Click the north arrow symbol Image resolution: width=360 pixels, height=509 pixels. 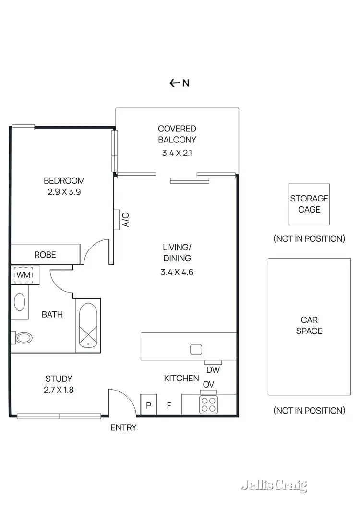[x=175, y=83]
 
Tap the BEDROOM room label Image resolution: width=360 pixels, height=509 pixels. [x=64, y=181]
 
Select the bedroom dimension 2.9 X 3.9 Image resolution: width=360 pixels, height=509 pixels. [x=64, y=192]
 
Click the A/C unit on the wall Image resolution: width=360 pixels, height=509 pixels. [x=117, y=219]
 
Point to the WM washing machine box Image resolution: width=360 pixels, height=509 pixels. [x=23, y=275]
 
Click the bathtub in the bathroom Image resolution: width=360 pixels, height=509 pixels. [x=88, y=325]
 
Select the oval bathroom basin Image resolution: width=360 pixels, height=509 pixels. [x=20, y=302]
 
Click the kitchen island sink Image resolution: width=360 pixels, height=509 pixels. [x=195, y=349]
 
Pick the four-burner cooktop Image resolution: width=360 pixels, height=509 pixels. [x=209, y=404]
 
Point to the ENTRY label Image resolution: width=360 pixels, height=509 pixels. [x=123, y=427]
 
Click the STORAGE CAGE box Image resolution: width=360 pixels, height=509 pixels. [x=309, y=204]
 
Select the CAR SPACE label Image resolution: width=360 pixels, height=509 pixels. [x=309, y=325]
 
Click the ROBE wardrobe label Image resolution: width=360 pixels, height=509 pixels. [x=45, y=255]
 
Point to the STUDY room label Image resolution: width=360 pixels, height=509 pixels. [x=59, y=379]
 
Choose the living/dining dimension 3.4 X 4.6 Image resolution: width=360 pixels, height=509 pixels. [x=177, y=272]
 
